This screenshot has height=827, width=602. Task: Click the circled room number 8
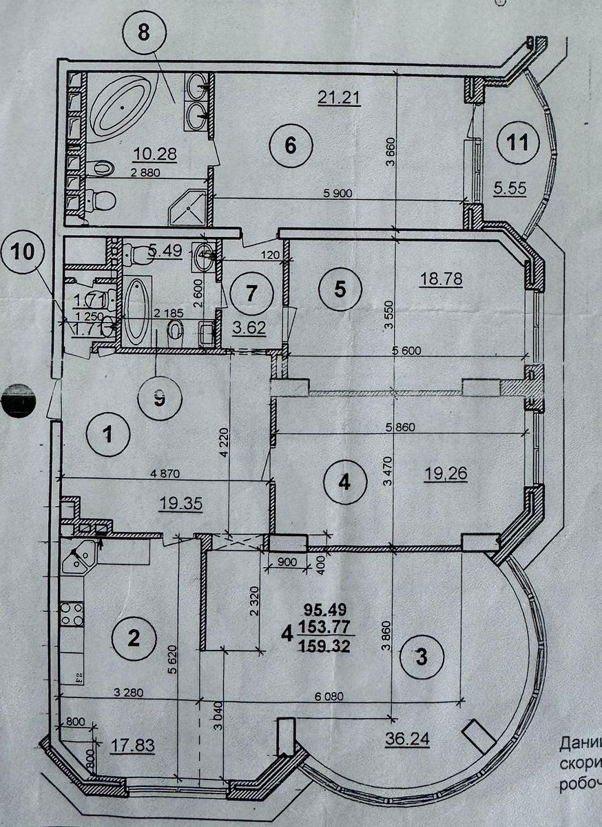(x=143, y=34)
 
